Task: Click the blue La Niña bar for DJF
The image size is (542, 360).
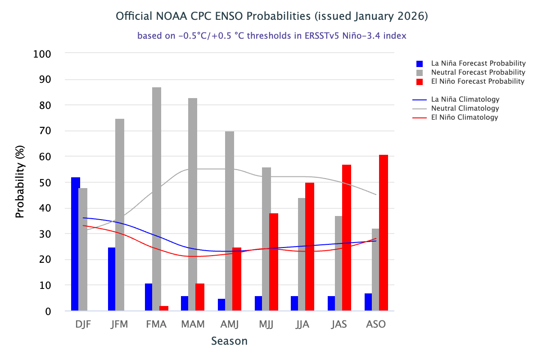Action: pos(75,244)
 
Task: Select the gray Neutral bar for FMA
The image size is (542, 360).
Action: pos(156,199)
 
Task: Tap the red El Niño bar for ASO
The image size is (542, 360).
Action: pos(383,233)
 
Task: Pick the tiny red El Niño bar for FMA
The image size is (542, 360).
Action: pos(164,308)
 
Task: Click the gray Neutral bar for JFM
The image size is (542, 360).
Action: pos(120,215)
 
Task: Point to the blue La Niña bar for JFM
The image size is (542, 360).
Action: pos(112,279)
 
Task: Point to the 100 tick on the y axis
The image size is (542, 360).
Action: pos(42,54)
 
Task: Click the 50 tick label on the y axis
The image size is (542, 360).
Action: pos(45,183)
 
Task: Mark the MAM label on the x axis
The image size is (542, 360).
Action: pos(193,324)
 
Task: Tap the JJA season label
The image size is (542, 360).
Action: pos(303,324)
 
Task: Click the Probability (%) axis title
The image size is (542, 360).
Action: pos(20,182)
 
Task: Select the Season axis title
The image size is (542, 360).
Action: pos(230,341)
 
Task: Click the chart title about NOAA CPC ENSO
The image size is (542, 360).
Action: pos(271,17)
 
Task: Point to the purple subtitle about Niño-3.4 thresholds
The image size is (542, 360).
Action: pos(271,36)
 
